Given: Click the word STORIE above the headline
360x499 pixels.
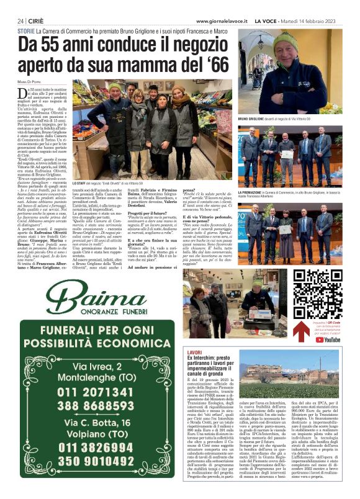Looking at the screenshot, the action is [x=26, y=30].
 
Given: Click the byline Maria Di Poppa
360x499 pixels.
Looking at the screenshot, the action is [x=31, y=83].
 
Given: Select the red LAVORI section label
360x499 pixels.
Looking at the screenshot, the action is [x=195, y=353].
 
